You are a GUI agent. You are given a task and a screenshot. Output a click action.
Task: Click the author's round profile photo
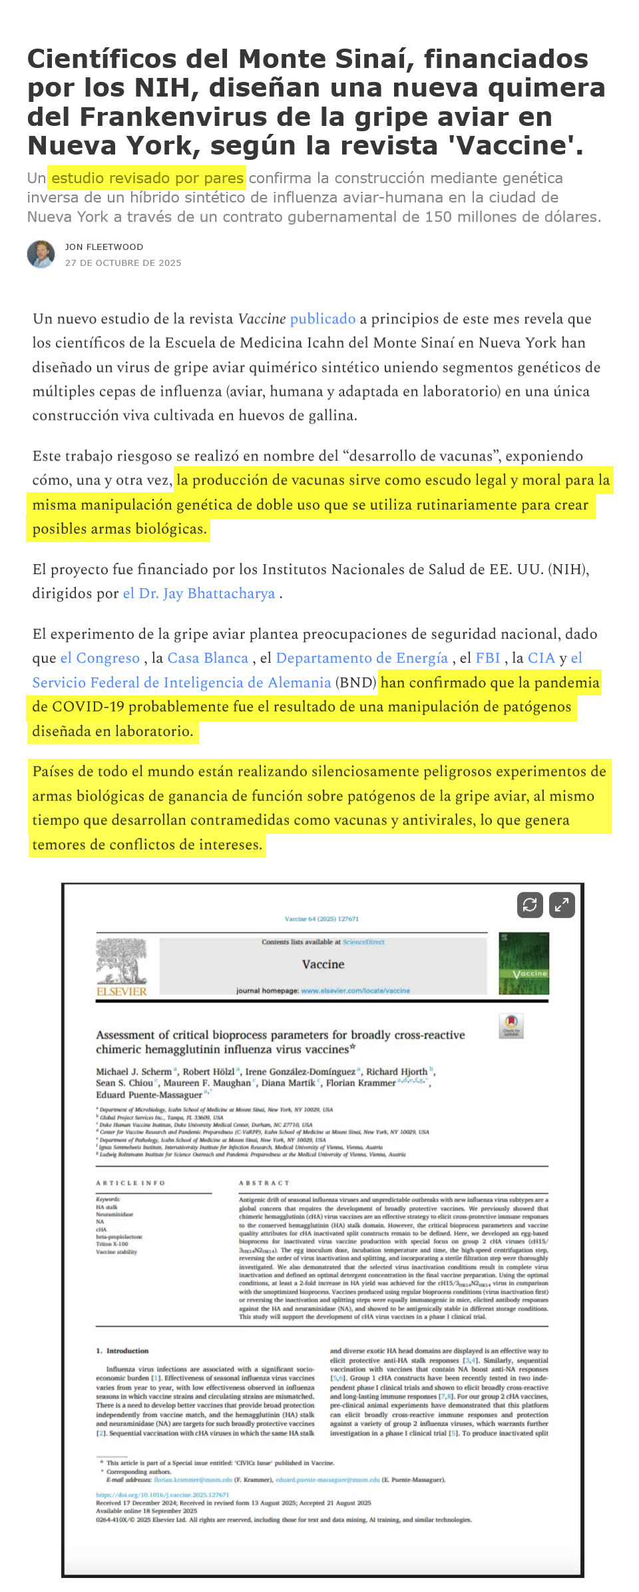(x=41, y=254)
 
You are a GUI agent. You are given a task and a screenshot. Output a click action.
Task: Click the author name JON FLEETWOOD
(x=104, y=247)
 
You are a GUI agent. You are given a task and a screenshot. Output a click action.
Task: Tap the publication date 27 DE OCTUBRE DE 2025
(x=123, y=263)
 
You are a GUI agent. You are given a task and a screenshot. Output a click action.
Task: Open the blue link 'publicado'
(x=323, y=318)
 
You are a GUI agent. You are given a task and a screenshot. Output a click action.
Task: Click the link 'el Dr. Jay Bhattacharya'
(x=199, y=593)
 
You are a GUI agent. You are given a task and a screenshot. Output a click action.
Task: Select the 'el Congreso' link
(x=100, y=657)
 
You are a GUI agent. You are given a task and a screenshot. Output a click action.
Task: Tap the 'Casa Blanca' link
(x=208, y=657)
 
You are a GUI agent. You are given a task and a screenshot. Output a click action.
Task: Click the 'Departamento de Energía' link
(x=361, y=657)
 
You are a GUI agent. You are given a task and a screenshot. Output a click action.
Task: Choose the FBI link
(x=488, y=657)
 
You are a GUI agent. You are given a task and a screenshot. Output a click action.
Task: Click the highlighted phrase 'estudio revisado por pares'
(x=147, y=178)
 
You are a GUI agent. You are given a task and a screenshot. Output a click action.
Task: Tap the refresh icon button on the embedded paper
(x=530, y=905)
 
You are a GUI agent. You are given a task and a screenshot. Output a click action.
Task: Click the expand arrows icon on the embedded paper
(x=562, y=905)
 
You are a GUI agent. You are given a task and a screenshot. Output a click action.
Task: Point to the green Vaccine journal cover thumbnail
(x=524, y=963)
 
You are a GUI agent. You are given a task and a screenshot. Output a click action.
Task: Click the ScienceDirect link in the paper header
(x=363, y=942)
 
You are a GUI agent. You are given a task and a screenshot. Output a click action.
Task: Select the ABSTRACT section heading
(x=264, y=1183)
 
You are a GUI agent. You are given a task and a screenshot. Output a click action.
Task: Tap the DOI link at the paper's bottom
(x=162, y=1495)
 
